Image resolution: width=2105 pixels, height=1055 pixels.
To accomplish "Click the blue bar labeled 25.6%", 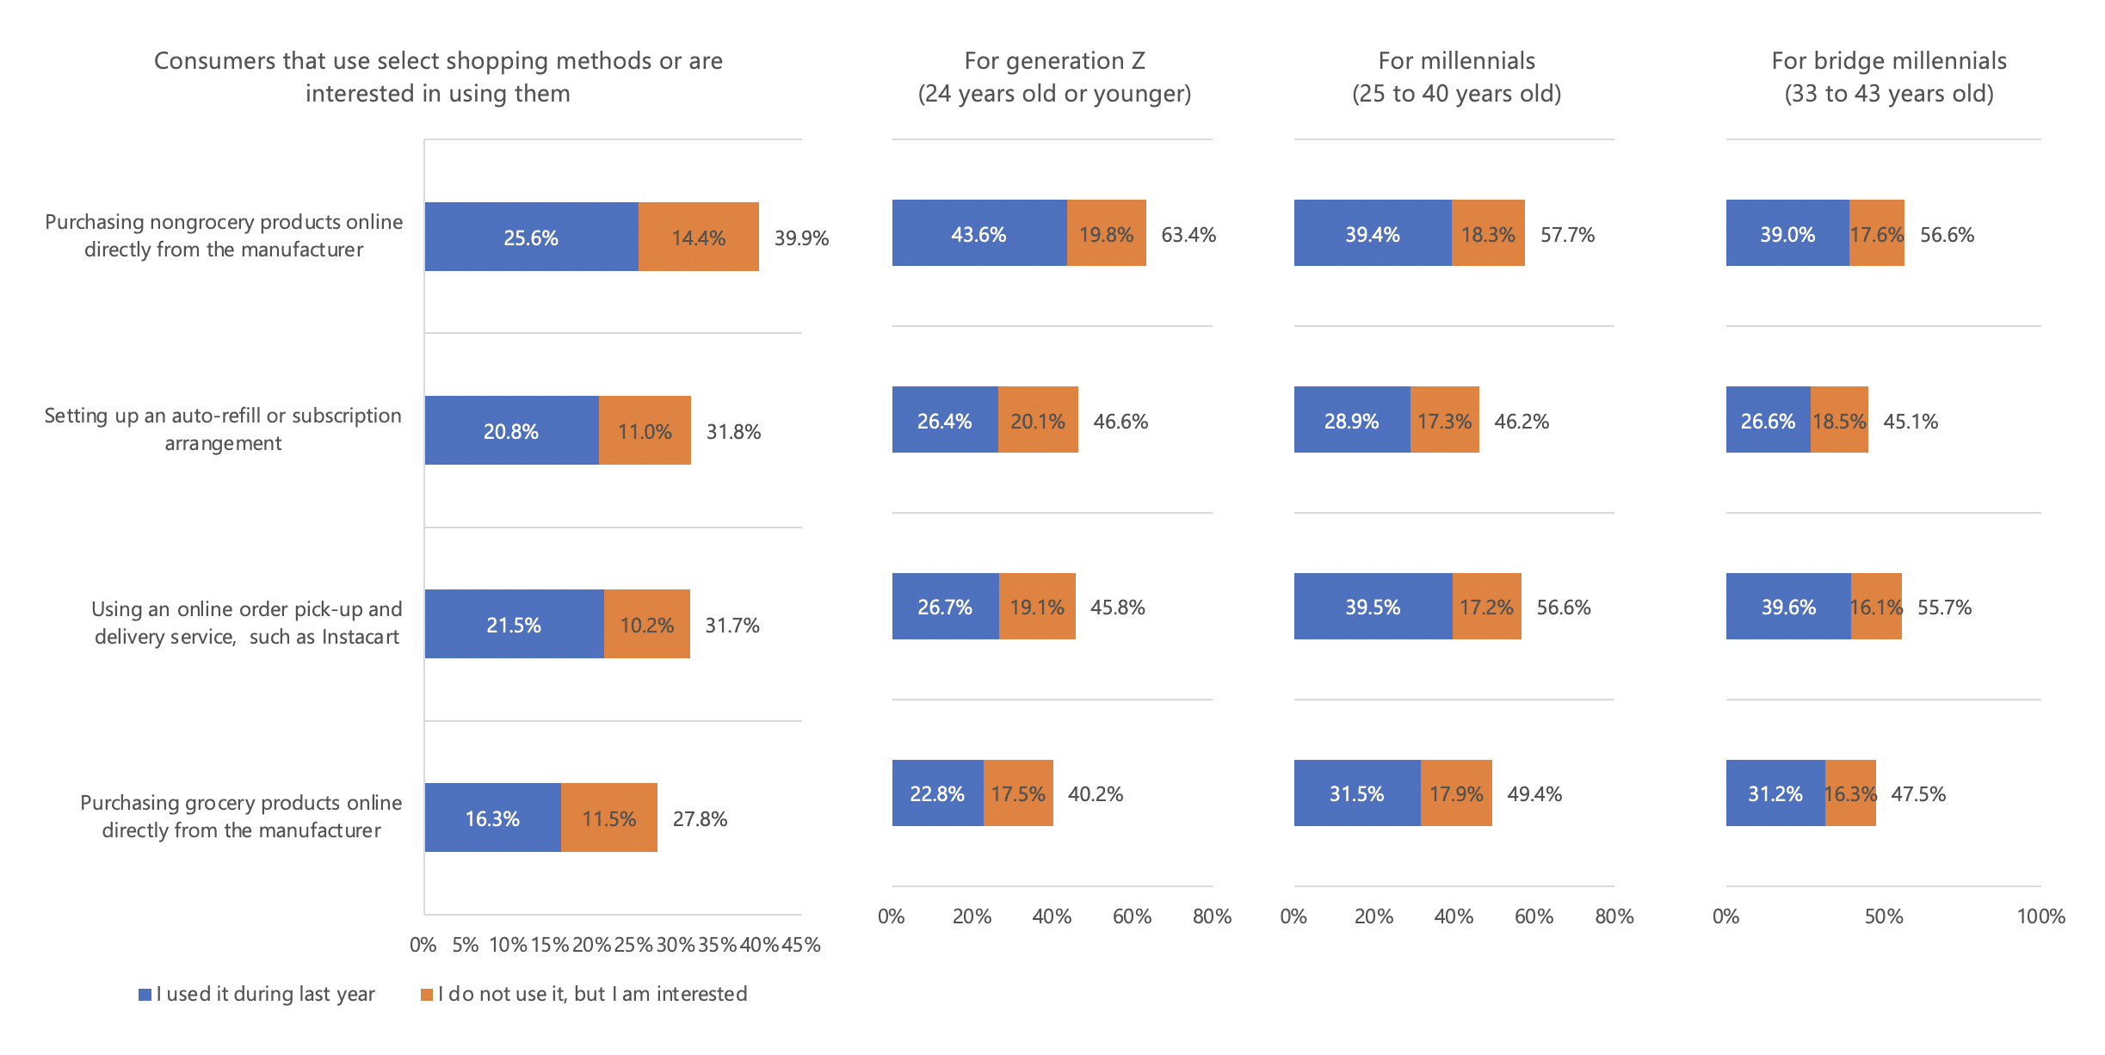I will [x=531, y=237].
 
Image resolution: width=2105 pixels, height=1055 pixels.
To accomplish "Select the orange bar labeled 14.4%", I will [x=698, y=237].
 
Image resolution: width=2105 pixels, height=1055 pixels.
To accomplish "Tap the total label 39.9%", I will [x=801, y=238].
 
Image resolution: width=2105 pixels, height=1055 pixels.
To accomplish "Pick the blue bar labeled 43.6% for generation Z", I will [x=978, y=233].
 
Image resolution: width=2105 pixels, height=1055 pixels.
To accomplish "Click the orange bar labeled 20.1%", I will [x=1037, y=420].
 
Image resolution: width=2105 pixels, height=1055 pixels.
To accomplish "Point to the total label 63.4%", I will [x=1188, y=235].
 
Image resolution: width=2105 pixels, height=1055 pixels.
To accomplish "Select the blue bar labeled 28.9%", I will [x=1351, y=420].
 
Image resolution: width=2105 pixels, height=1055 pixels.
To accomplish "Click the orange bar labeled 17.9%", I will [x=1456, y=793].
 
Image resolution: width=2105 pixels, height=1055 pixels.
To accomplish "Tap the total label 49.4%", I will [x=1534, y=794].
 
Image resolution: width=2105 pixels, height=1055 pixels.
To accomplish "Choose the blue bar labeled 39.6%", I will [x=1787, y=607].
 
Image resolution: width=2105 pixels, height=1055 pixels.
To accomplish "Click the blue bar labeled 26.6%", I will [x=1768, y=420].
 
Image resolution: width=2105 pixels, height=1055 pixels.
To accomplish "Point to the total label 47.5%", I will [x=1918, y=794].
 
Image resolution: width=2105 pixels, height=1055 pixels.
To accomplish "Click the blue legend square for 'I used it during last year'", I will [x=145, y=995].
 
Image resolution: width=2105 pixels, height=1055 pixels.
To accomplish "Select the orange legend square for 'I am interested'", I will [x=427, y=995].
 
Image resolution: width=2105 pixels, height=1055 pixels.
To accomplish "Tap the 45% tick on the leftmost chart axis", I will [x=801, y=945].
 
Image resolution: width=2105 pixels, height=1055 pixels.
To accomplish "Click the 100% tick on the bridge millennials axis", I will [x=2040, y=916].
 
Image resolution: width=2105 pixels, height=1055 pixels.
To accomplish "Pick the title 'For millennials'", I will [x=1456, y=61].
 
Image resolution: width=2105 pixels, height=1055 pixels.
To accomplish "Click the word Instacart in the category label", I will [x=361, y=637].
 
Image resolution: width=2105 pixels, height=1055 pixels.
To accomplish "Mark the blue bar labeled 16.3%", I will [x=492, y=817].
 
